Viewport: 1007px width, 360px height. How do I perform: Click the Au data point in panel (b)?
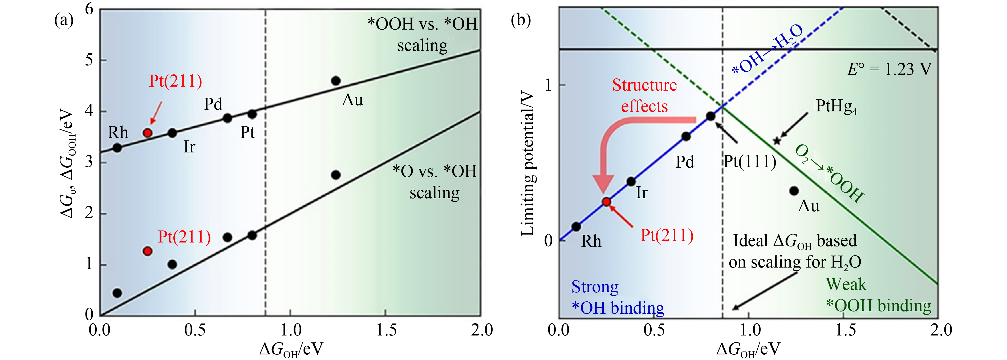point(794,191)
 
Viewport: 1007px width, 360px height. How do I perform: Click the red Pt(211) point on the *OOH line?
point(147,133)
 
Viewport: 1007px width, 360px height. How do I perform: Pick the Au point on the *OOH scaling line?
point(336,81)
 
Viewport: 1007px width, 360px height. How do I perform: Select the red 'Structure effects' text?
point(644,96)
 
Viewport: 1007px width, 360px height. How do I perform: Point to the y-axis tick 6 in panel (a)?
point(90,9)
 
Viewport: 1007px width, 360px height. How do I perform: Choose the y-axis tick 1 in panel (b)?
point(549,85)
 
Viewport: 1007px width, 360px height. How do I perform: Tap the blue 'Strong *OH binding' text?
point(618,297)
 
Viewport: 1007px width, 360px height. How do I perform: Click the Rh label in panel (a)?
point(118,132)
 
